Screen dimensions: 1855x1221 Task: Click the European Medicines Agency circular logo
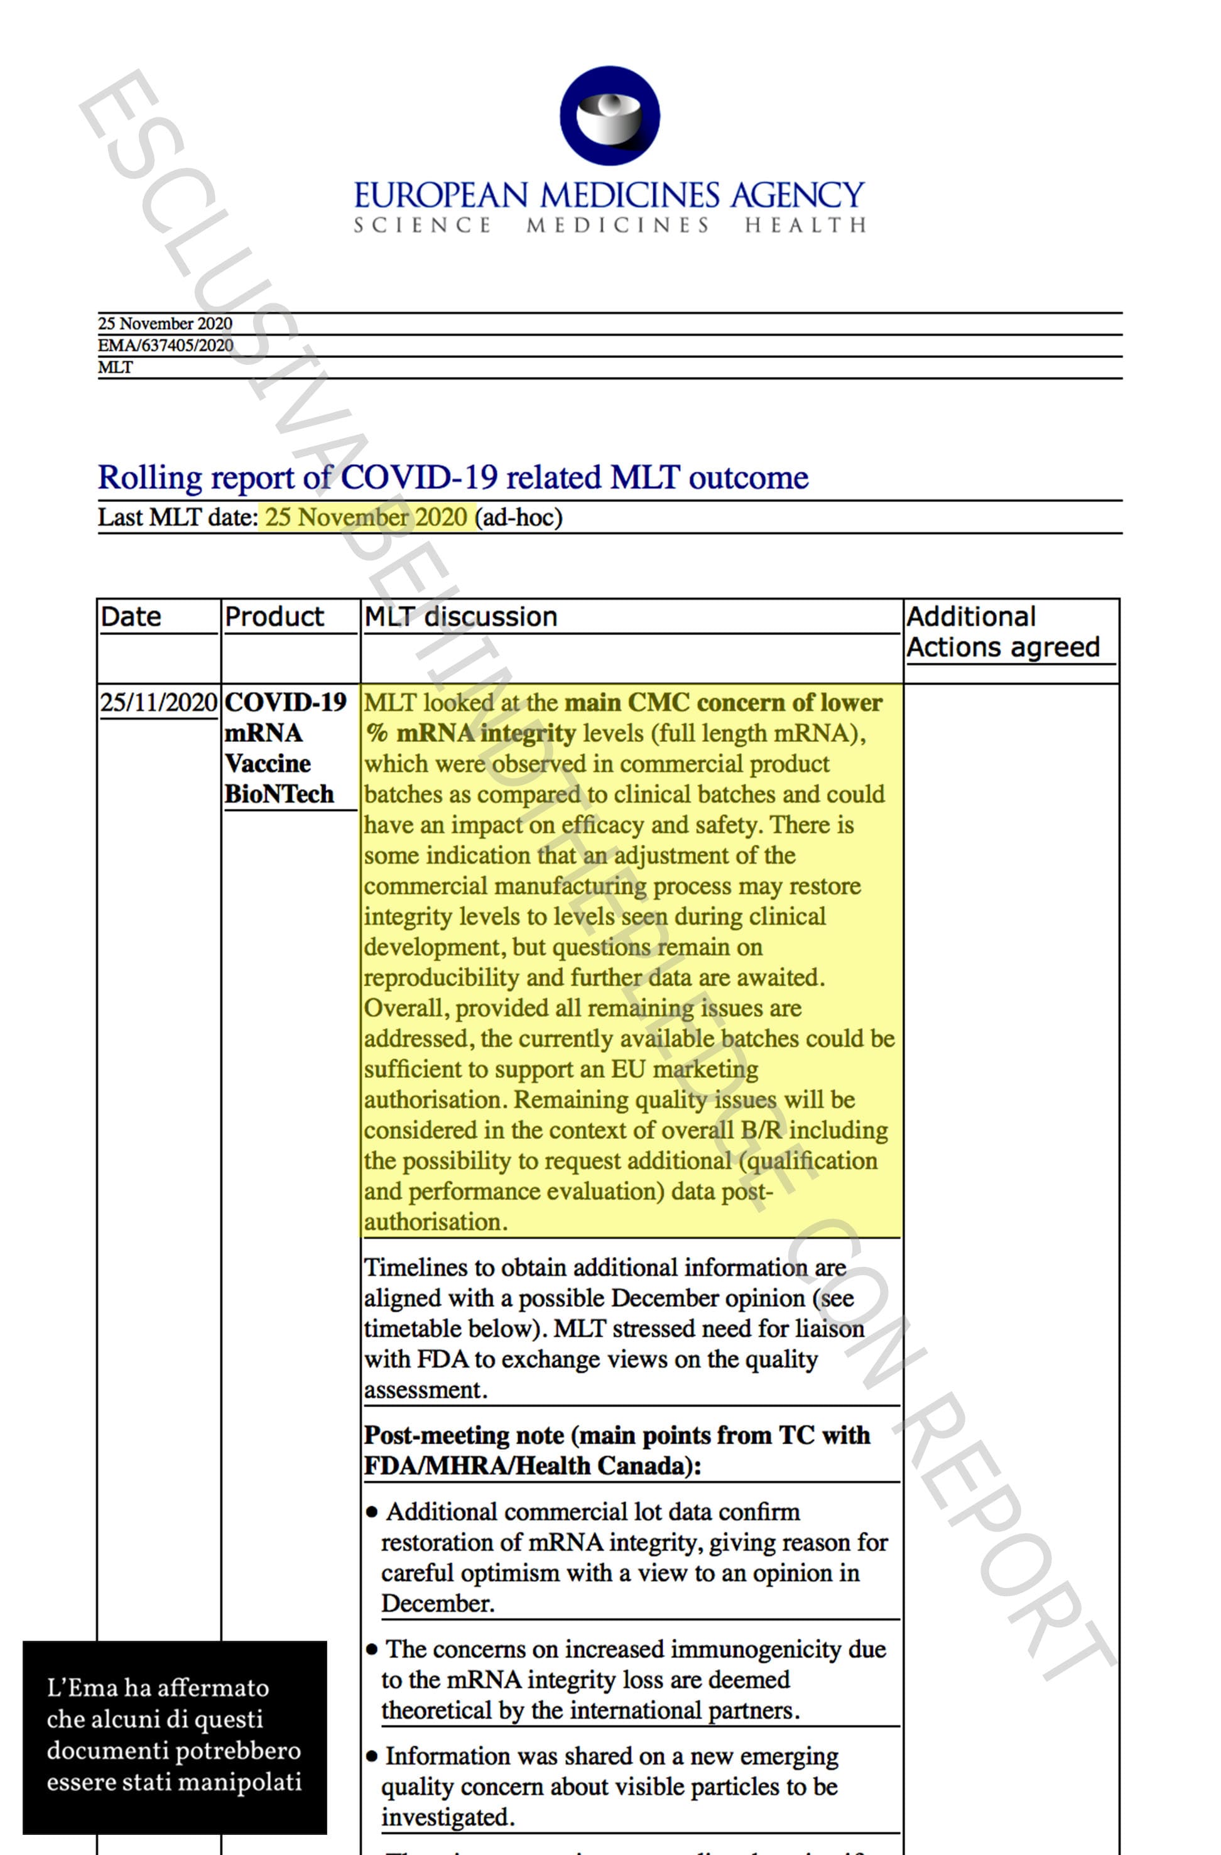[x=609, y=116]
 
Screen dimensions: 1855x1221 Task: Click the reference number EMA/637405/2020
[x=165, y=345]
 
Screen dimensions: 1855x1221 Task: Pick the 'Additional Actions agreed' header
[x=1003, y=631]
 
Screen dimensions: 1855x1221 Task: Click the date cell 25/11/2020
[x=158, y=702]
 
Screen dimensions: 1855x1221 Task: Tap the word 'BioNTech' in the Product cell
[x=279, y=794]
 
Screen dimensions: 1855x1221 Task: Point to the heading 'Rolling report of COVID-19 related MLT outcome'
[x=453, y=477]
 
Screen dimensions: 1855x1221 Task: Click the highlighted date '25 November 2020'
[x=366, y=517]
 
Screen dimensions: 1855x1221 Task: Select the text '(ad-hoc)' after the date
[x=519, y=517]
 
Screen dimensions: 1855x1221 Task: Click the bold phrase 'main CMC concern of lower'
[x=723, y=702]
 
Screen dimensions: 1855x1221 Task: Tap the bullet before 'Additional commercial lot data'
[x=372, y=1513]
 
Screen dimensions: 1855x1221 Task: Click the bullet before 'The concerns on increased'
[x=372, y=1650]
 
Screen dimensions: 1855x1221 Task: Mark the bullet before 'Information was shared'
[x=372, y=1757]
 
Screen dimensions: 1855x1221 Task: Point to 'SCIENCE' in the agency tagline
[x=422, y=226]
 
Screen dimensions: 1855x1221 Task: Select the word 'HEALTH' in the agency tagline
[x=805, y=226]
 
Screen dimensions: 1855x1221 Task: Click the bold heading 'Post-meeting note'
[x=464, y=1435]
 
